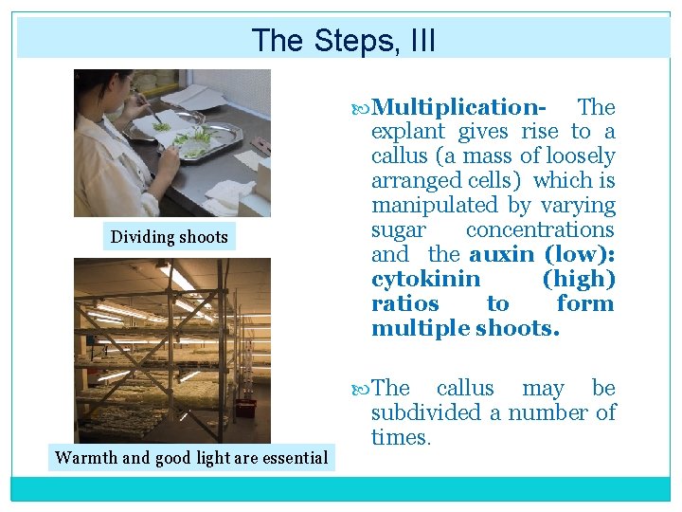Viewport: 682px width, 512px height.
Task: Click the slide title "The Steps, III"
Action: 343,41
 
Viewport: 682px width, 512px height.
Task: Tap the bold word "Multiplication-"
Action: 458,106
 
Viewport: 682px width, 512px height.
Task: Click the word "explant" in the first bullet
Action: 408,132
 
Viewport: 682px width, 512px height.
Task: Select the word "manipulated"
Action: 435,205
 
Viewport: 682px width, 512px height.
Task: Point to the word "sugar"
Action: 399,230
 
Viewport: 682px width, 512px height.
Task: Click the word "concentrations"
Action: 540,229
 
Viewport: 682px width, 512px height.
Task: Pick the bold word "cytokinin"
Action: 426,279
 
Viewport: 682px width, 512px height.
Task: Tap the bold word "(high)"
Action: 579,279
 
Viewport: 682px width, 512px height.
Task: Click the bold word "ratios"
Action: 405,303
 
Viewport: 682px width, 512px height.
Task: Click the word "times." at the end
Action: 401,437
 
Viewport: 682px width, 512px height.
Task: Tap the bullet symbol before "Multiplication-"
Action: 360,108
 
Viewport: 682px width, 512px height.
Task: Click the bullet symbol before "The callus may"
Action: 360,390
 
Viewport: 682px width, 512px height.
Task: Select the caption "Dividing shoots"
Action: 170,237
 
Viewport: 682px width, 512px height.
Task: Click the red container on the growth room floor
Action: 245,408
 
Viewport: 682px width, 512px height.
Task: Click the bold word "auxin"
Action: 501,254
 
